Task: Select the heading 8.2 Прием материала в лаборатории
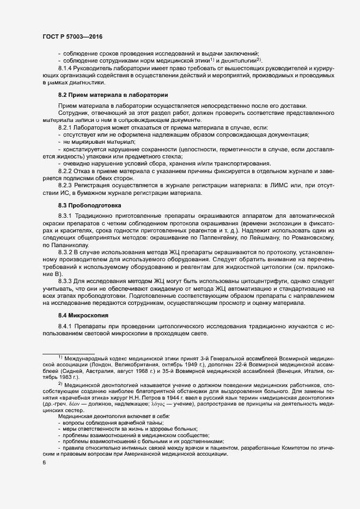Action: [113, 95]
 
